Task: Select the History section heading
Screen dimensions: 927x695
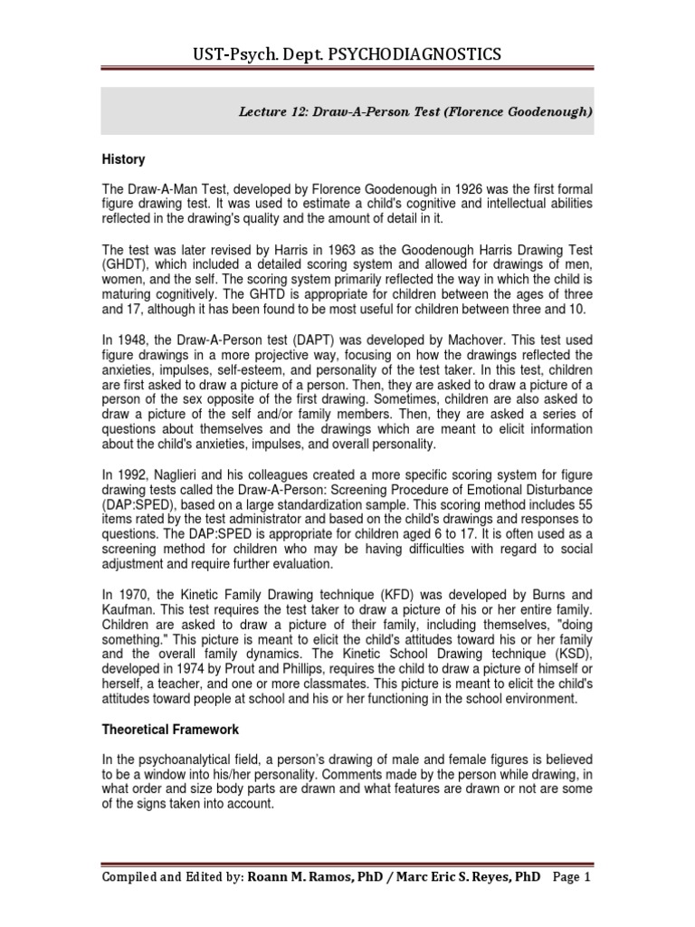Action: (123, 159)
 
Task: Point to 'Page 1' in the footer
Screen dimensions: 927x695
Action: (569, 877)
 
